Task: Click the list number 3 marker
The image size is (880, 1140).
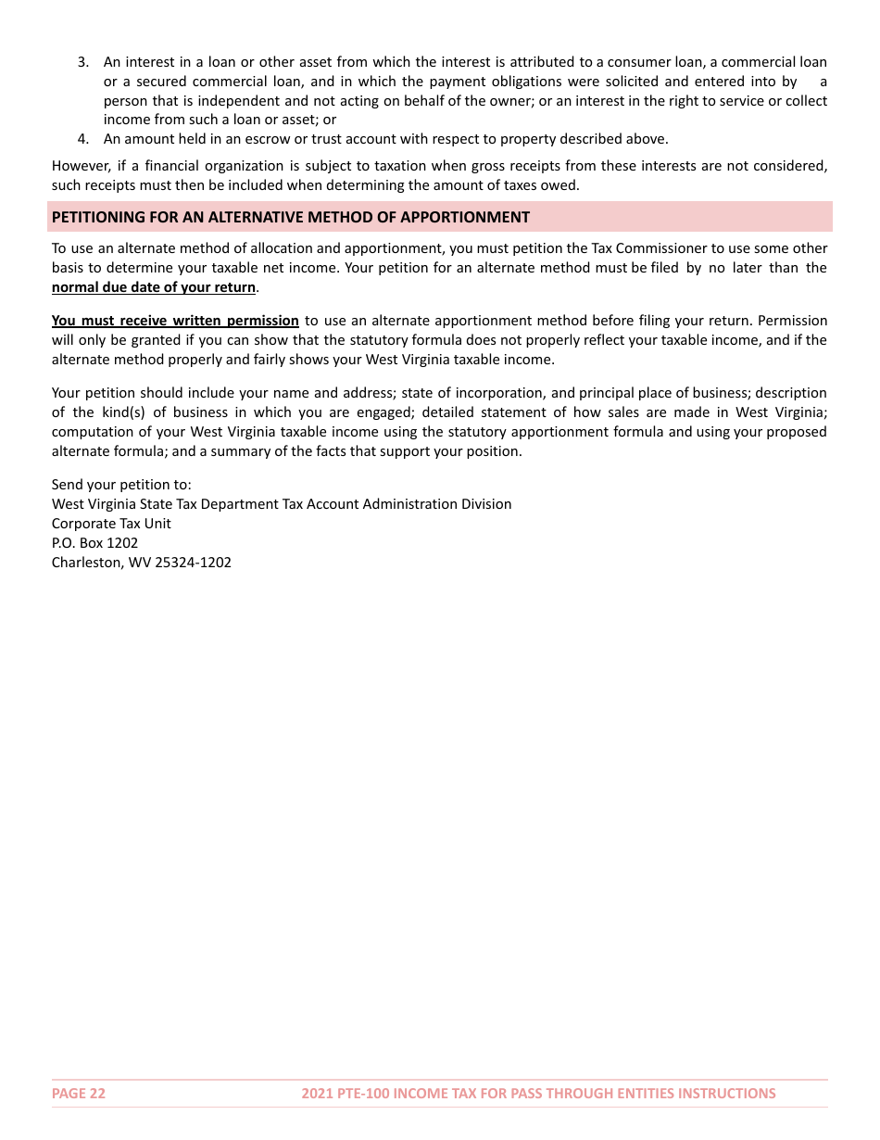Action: [x=82, y=62]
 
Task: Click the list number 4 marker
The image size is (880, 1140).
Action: [x=82, y=139]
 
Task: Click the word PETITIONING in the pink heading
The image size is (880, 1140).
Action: [x=96, y=217]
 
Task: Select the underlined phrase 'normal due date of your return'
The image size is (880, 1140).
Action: [x=153, y=287]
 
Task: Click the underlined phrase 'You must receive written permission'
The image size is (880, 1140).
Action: [x=175, y=321]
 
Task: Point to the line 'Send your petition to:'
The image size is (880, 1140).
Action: [x=121, y=485]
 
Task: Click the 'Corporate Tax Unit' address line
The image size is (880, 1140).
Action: [x=111, y=524]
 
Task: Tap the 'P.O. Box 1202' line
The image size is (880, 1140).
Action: [x=94, y=543]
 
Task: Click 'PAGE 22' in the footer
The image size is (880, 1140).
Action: [x=79, y=1094]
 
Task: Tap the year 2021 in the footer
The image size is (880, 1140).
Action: [x=317, y=1094]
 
